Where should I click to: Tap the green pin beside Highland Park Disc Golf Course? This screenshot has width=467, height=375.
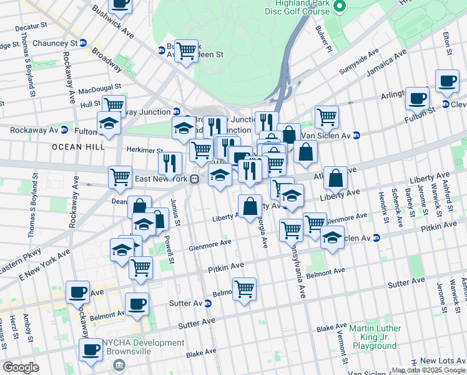click(x=340, y=6)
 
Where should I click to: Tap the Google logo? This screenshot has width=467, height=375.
click(x=21, y=367)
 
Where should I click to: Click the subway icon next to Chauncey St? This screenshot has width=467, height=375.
click(x=82, y=43)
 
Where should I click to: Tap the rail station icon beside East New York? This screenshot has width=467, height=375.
click(x=195, y=179)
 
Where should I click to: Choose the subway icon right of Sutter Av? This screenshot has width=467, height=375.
click(x=207, y=304)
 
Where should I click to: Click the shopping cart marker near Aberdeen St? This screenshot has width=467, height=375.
click(x=186, y=51)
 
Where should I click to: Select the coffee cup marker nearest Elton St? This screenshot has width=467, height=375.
click(x=447, y=81)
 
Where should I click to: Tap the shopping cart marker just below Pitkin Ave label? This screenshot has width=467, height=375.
click(x=245, y=289)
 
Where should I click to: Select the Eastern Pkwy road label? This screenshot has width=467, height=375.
click(x=21, y=261)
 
